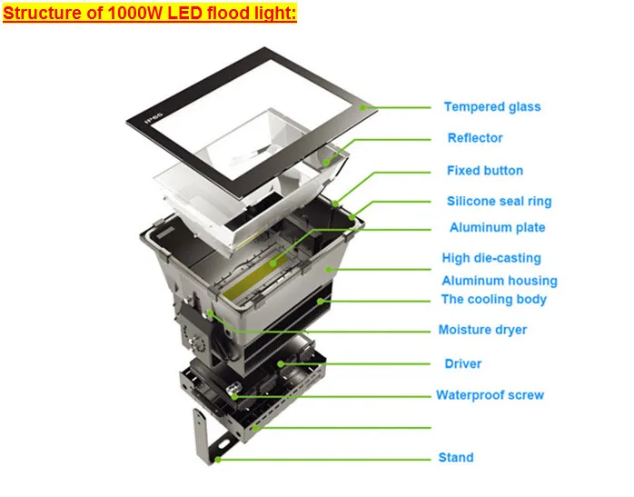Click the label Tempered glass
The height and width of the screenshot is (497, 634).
[x=491, y=107]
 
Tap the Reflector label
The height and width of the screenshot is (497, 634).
[x=474, y=138]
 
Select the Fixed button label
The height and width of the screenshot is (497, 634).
[x=484, y=171]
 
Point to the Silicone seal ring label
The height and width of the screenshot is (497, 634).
[x=499, y=202]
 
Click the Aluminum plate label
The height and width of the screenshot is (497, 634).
[x=497, y=228]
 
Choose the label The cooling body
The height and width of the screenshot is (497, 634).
[x=493, y=300]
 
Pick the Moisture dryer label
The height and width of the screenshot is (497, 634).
[x=482, y=330]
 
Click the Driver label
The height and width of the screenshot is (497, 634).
[x=462, y=364]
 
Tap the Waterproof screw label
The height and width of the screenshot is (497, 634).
[x=490, y=395]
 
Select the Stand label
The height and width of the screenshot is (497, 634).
[x=455, y=458]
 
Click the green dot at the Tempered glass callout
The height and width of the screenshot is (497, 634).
[x=362, y=107]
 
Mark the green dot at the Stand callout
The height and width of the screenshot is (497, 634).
[x=219, y=459]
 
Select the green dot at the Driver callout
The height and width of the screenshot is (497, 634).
[x=282, y=364]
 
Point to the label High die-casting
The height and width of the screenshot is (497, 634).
[x=491, y=259]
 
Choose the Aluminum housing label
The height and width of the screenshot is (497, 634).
[x=500, y=282]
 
